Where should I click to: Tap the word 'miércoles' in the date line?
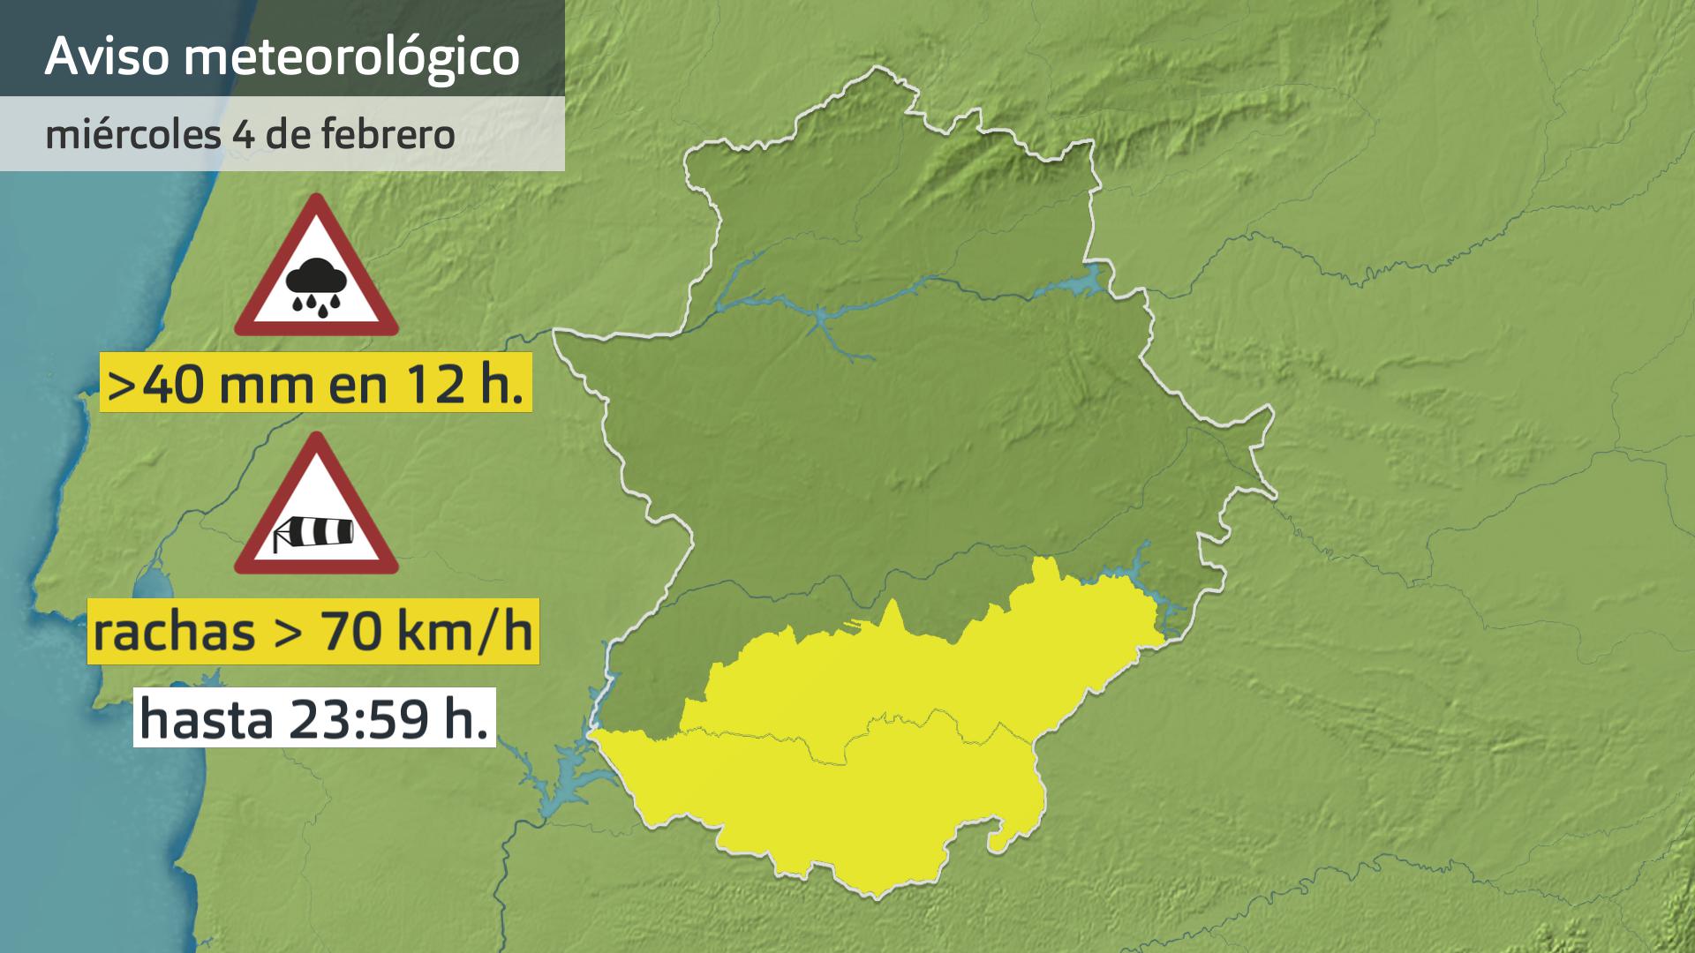pos(133,135)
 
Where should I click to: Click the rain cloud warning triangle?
pos(315,269)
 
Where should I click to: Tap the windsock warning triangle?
pos(315,507)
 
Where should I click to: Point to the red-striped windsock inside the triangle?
pos(315,530)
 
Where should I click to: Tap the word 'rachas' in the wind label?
pos(174,631)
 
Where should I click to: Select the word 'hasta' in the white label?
pos(206,719)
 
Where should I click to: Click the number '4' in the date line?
pos(240,135)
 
